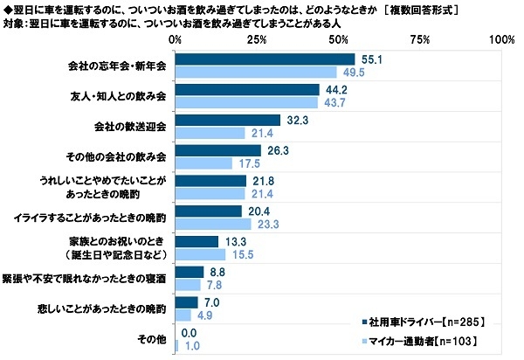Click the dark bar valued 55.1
pyautogui.click(x=265, y=59)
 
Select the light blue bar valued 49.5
pyautogui.click(x=256, y=72)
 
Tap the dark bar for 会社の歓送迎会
pyautogui.click(x=227, y=120)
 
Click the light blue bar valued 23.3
pyautogui.click(x=213, y=223)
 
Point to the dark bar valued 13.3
pyautogui.click(x=196, y=241)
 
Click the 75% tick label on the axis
pyautogui.click(x=420, y=40)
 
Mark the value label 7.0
pyautogui.click(x=213, y=301)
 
